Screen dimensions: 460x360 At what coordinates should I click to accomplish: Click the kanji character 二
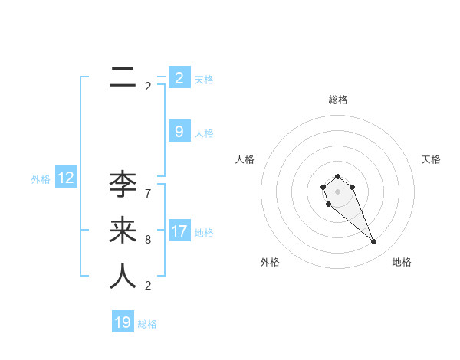(123, 77)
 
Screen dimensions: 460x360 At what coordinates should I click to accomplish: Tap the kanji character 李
(123, 185)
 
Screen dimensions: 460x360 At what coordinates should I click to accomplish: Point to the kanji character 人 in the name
(123, 277)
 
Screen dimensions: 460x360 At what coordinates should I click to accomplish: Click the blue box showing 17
(179, 231)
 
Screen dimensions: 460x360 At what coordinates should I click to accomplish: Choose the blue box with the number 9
(179, 132)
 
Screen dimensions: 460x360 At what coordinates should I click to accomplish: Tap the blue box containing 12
(66, 178)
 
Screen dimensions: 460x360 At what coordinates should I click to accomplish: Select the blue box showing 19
(123, 322)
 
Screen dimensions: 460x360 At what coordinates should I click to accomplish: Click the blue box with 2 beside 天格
(179, 78)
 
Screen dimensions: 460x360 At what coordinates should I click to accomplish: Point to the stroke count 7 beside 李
(148, 193)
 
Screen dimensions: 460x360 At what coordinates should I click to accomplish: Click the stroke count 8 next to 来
(148, 240)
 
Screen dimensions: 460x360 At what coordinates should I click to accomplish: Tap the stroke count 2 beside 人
(148, 286)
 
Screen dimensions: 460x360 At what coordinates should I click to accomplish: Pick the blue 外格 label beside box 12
(41, 179)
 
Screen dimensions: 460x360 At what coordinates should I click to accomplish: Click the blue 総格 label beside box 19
(147, 324)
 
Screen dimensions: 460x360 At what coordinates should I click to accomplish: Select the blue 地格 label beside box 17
(204, 232)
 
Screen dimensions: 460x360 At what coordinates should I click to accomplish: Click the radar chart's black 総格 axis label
(337, 100)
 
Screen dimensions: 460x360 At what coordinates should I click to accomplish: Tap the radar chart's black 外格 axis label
(270, 262)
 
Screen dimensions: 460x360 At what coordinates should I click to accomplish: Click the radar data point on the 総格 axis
(337, 176)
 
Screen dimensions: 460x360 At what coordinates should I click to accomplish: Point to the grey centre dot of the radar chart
(337, 191)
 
